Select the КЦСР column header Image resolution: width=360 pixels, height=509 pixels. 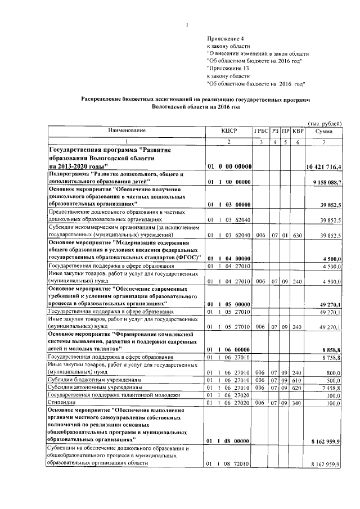click(x=229, y=130)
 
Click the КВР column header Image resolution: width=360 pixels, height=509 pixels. click(x=298, y=130)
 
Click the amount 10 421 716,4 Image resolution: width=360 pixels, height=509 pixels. click(x=324, y=168)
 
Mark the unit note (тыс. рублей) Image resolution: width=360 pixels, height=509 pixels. click(x=325, y=123)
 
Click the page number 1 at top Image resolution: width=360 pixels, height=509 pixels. click(x=187, y=24)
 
